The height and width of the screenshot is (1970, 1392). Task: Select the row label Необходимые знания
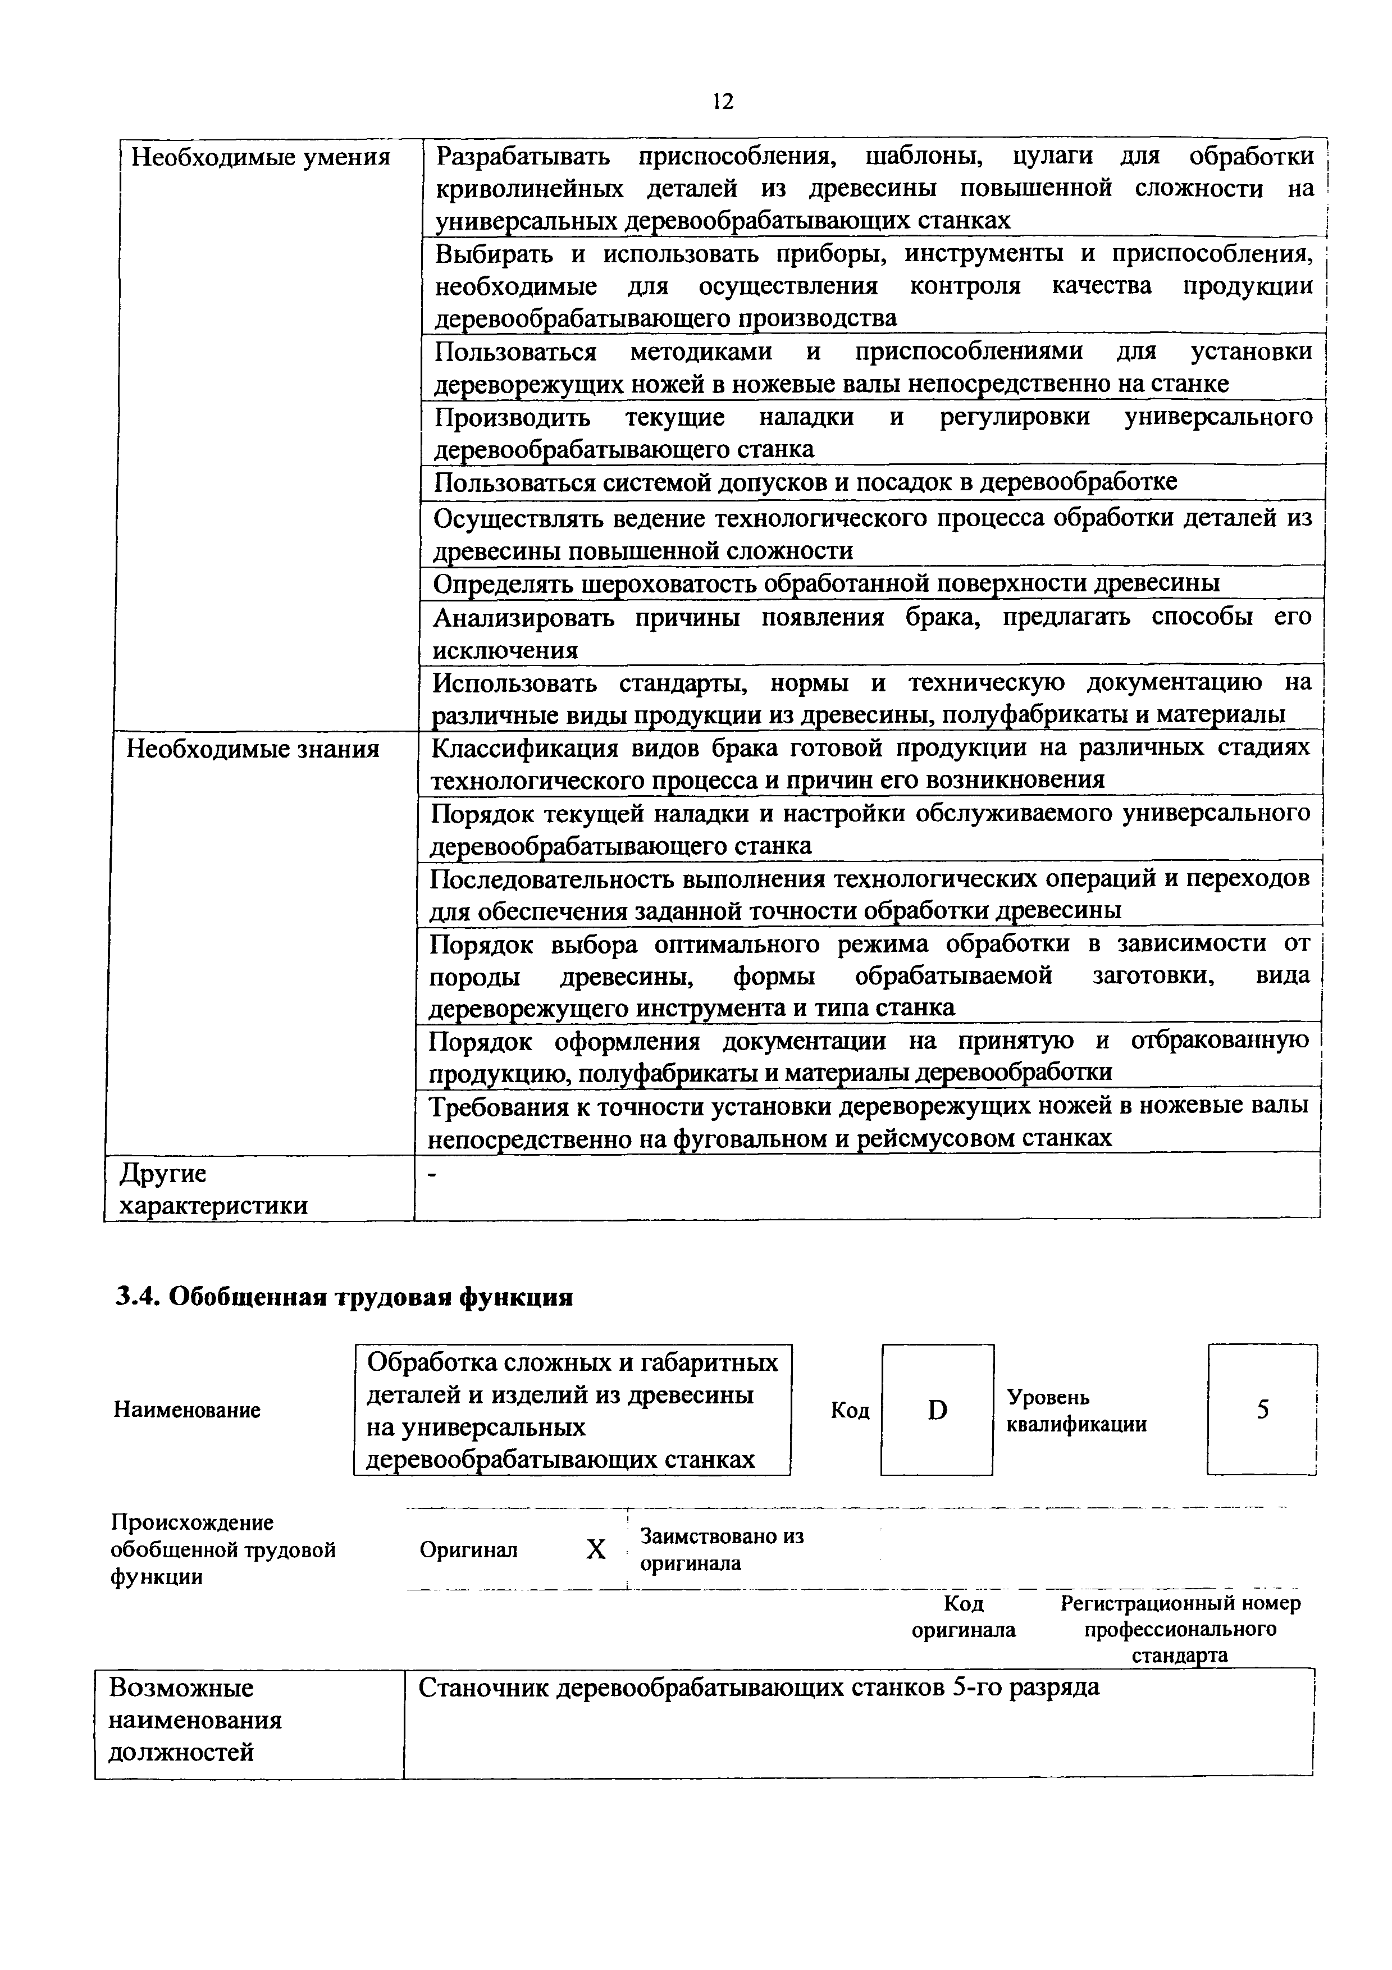pos(253,749)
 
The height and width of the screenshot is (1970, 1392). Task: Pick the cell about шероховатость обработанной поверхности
pos(826,583)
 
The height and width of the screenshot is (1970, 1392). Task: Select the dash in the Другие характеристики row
pos(432,1175)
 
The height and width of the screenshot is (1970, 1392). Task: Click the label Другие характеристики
pos(213,1189)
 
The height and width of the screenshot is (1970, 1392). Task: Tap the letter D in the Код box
pos(937,1410)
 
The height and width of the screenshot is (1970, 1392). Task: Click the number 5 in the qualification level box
pos(1262,1410)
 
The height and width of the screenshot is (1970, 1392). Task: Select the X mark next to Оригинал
pos(595,1549)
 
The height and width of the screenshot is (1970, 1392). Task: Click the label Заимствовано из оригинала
pos(722,1549)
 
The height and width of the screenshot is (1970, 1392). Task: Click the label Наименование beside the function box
pos(187,1410)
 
